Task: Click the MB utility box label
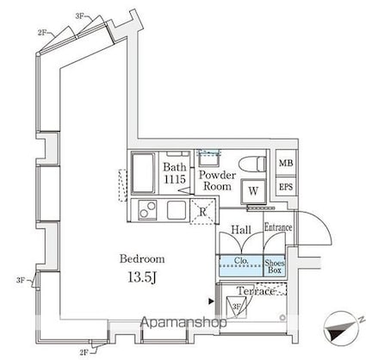[286, 163]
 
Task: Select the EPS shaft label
[286, 187]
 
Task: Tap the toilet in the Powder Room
[252, 164]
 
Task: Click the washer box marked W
[253, 191]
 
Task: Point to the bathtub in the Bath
[143, 174]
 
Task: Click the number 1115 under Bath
[175, 179]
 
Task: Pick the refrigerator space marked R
[202, 212]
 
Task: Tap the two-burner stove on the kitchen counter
[147, 209]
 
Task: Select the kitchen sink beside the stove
[177, 210]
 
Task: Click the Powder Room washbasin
[208, 158]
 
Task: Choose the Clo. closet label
[241, 260]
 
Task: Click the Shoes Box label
[275, 266]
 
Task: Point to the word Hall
[241, 230]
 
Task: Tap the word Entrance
[278, 227]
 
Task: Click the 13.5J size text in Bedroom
[142, 277]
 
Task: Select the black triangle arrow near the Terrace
[211, 301]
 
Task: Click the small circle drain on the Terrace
[282, 318]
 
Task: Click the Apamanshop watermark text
[183, 322]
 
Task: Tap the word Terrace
[256, 291]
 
